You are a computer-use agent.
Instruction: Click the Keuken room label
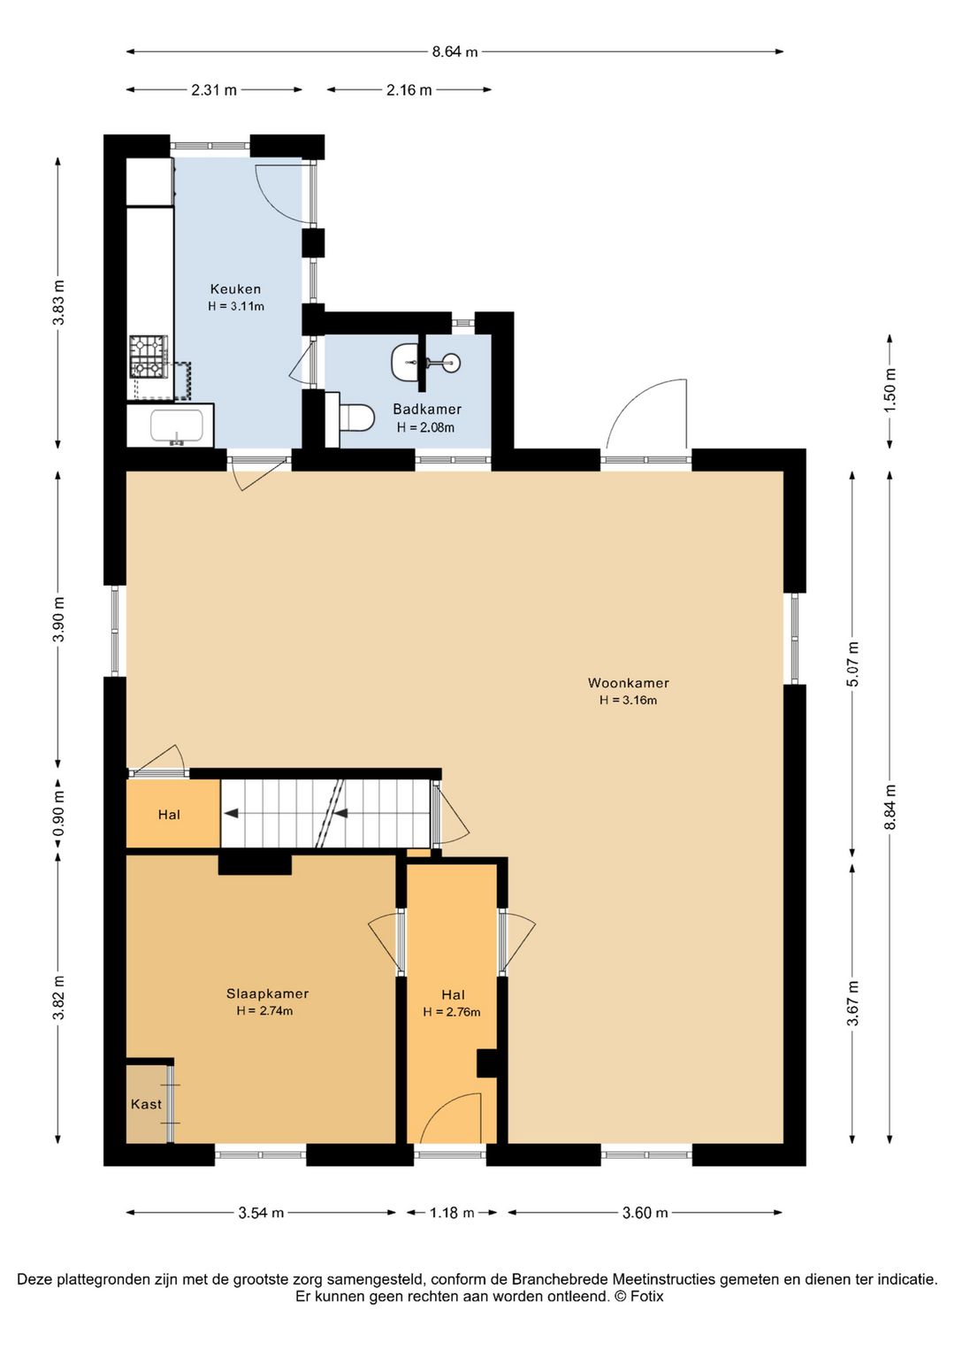235,288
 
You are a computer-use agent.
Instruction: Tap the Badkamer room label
426,410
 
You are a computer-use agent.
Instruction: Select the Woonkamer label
629,683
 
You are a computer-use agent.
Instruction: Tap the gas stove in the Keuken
149,357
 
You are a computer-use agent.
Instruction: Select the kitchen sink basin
176,426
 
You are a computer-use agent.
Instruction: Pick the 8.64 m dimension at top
455,52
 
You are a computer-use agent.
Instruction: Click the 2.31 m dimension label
214,90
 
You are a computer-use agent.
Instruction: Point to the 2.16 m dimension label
409,90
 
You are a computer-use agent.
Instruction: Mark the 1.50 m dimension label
890,389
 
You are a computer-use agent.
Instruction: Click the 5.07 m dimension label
852,663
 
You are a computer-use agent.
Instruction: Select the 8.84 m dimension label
890,808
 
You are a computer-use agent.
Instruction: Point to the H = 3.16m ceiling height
629,701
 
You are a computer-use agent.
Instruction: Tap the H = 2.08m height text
425,428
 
